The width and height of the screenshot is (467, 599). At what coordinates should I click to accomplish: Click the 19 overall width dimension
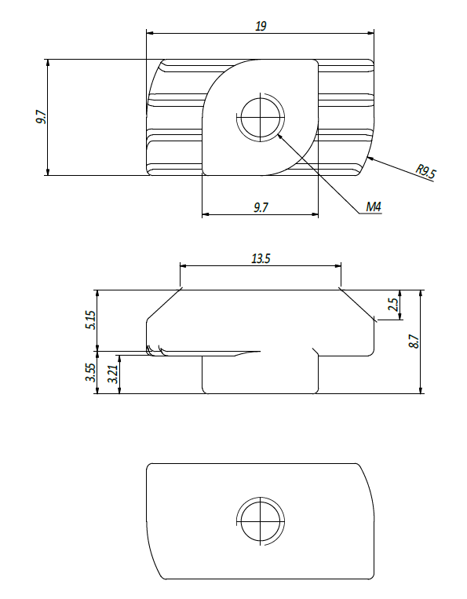(x=261, y=27)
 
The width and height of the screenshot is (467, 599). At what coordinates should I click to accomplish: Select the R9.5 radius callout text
(x=425, y=171)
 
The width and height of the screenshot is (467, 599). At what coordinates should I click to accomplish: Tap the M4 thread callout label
(x=374, y=207)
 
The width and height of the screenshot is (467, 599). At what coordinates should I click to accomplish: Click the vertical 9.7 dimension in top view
(x=41, y=117)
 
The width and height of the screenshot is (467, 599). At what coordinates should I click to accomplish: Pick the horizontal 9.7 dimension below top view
(x=261, y=207)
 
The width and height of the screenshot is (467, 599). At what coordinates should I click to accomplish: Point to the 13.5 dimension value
(x=261, y=259)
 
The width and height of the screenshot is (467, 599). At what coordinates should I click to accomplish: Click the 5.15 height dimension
(x=92, y=320)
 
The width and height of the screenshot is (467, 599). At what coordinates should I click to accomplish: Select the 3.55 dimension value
(x=91, y=372)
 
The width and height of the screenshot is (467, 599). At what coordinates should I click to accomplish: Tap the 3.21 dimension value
(x=113, y=374)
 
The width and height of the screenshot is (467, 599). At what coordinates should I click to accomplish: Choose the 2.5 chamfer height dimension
(x=393, y=305)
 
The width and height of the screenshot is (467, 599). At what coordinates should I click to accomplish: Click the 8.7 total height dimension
(x=414, y=342)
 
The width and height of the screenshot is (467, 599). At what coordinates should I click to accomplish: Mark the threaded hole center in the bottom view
(x=261, y=521)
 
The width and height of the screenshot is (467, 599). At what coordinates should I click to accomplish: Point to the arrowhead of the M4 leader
(x=280, y=136)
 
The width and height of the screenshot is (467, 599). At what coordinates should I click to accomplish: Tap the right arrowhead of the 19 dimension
(x=370, y=33)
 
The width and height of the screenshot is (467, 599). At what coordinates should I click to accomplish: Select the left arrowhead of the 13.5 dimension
(x=184, y=266)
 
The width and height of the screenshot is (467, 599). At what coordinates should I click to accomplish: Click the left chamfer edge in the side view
(x=164, y=305)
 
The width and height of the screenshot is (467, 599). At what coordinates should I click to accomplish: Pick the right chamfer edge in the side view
(x=356, y=305)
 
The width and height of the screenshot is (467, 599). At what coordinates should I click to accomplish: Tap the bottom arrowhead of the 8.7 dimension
(x=421, y=390)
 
